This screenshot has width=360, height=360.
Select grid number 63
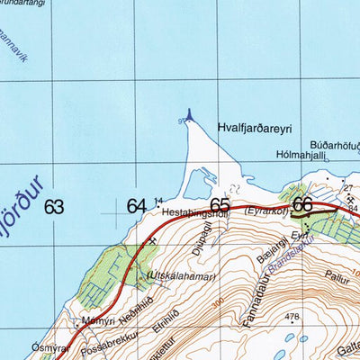tap(55, 206)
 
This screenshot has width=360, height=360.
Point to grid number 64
tap(136, 206)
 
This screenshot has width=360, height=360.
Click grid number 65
tap(220, 205)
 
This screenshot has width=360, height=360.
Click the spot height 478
tap(292, 317)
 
